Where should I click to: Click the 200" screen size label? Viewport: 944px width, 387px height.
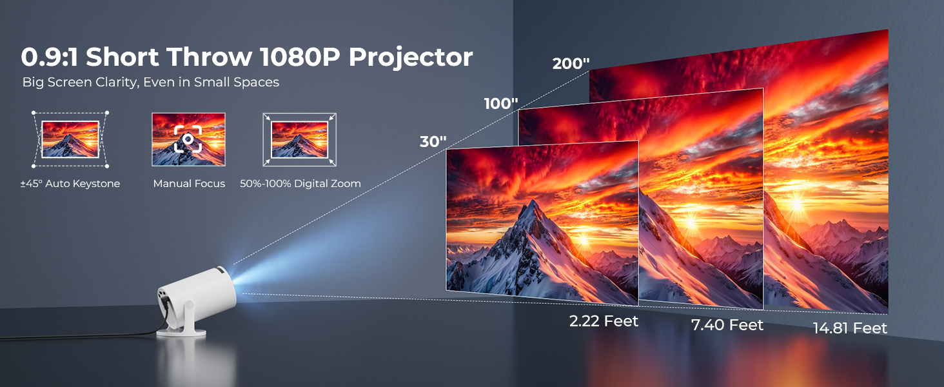point(571,63)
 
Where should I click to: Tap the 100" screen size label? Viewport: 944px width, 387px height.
point(501,103)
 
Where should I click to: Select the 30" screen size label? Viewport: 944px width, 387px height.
point(433,142)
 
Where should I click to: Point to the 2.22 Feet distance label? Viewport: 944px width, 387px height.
point(604,321)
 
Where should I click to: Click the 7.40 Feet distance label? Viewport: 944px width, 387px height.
point(727,325)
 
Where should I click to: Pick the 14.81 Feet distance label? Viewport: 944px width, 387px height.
point(850,328)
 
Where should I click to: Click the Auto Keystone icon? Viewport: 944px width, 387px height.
point(70,139)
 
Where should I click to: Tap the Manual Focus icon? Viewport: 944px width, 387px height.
point(188,139)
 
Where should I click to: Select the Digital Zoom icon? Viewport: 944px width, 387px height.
point(300,139)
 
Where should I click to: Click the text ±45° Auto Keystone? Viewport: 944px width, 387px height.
point(70,184)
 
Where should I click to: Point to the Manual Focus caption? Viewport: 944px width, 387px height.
point(189,184)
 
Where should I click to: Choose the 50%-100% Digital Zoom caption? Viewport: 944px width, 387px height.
point(300,184)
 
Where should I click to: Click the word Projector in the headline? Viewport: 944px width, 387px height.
point(411,57)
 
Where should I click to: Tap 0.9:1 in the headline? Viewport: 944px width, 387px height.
point(50,57)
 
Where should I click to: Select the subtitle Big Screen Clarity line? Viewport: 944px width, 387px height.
point(150,82)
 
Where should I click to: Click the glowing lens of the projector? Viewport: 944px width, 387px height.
point(231,282)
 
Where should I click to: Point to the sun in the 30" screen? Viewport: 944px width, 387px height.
point(584,240)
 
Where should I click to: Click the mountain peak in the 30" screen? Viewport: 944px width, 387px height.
point(534,205)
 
